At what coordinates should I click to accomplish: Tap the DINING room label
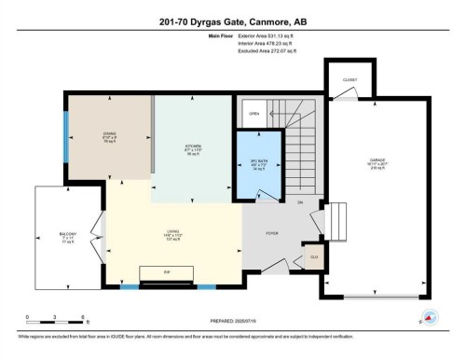pos(109,133)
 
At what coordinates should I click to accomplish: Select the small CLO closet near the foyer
pos(315,256)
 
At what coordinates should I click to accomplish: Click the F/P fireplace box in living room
pos(167,272)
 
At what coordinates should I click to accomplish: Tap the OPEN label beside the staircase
pos(254,115)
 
